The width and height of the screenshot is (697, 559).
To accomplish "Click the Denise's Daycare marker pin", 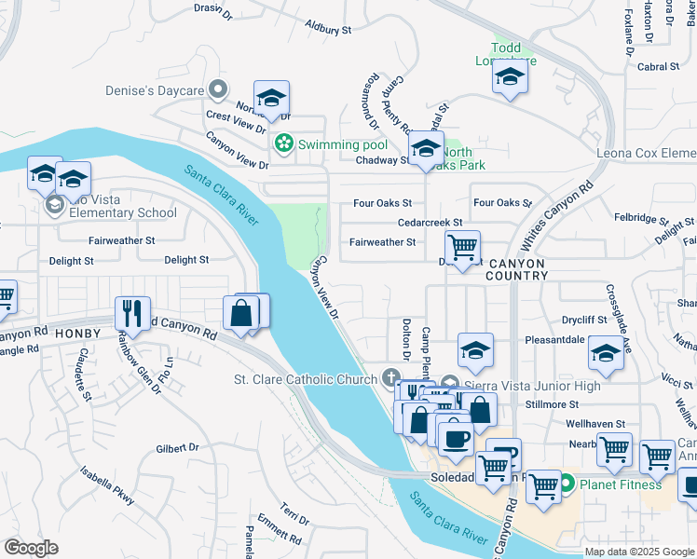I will point(219,89).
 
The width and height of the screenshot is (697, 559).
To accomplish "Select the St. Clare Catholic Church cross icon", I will point(392,378).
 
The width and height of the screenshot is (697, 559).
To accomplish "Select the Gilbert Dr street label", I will point(178,448).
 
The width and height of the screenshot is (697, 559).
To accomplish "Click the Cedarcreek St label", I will point(430,223).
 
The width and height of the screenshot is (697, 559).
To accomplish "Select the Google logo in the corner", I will point(32,548).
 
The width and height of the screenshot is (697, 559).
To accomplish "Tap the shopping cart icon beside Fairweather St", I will point(462,247).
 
